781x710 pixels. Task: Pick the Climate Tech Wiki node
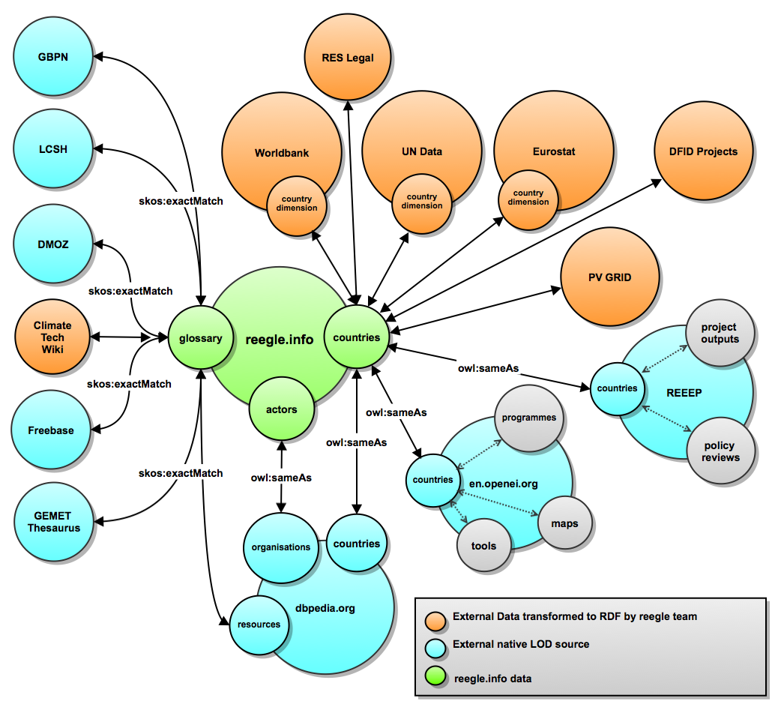(52, 337)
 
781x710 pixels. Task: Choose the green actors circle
(282, 409)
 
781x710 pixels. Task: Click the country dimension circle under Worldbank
(297, 203)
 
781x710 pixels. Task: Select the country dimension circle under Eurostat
(528, 198)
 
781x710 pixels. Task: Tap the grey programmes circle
(530, 418)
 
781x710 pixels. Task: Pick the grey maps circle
(564, 523)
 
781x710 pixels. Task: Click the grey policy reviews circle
(720, 452)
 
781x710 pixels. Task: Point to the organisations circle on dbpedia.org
(281, 547)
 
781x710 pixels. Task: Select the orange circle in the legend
(435, 619)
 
